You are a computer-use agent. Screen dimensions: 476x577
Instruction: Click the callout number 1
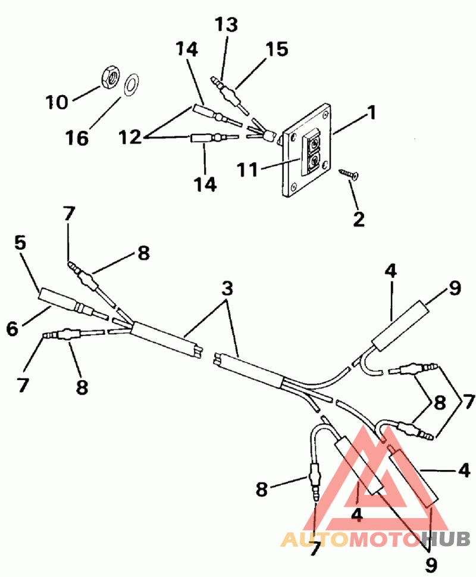click(x=372, y=112)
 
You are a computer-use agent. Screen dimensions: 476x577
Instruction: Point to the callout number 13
click(x=226, y=24)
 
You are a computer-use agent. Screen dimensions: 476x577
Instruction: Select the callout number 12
click(x=130, y=137)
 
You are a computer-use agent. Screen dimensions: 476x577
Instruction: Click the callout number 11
click(x=247, y=170)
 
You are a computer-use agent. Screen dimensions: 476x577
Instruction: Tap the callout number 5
click(x=20, y=243)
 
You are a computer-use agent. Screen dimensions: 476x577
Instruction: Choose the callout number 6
click(x=12, y=328)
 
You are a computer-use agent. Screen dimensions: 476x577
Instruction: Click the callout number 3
click(x=227, y=288)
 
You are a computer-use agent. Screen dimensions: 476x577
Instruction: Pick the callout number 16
click(x=77, y=138)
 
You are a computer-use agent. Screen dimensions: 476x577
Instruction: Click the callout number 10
click(x=57, y=102)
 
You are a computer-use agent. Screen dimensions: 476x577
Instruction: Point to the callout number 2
click(x=359, y=219)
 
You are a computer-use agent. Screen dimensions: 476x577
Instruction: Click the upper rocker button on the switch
click(x=313, y=142)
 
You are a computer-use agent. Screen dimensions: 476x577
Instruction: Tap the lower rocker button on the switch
click(x=312, y=162)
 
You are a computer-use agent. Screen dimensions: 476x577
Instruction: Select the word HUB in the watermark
click(x=446, y=539)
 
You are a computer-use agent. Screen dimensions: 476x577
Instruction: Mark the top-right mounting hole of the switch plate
click(x=325, y=115)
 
